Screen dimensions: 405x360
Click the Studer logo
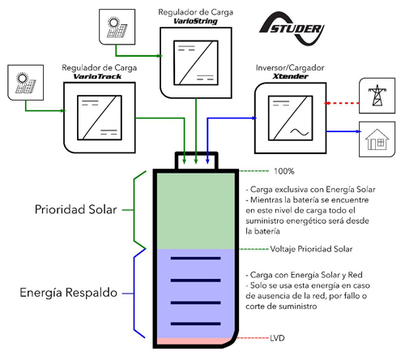click(292, 28)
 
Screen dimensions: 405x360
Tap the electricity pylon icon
click(377, 96)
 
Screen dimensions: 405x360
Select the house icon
click(377, 139)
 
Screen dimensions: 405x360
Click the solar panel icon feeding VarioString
click(117, 27)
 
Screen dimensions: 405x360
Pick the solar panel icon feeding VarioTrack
click(26, 83)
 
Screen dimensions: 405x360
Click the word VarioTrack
click(97, 76)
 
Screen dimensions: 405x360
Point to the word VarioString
click(195, 21)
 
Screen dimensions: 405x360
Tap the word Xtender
click(290, 76)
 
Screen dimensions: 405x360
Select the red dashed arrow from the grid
click(342, 103)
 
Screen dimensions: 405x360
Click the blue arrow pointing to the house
click(343, 131)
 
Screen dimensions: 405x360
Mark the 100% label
click(284, 171)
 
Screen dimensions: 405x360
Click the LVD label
click(277, 338)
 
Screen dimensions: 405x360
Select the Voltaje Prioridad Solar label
click(311, 249)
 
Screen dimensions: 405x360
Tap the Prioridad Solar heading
click(76, 209)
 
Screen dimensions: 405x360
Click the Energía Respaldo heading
click(69, 293)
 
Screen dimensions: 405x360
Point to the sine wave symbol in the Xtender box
click(299, 132)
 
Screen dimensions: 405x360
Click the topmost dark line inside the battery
click(196, 259)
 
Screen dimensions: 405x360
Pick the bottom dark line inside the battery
click(196, 324)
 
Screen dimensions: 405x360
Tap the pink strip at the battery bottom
click(193, 341)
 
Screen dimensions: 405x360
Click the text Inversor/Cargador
click(290, 67)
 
